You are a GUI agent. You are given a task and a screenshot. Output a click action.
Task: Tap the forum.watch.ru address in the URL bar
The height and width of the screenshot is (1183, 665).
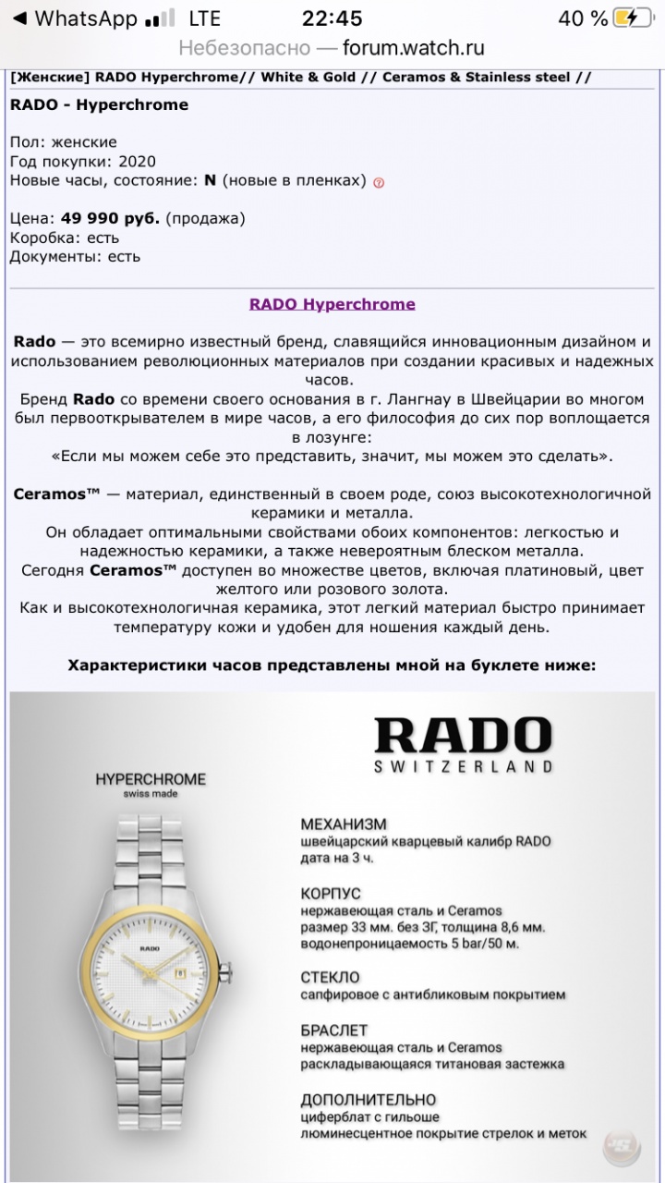(x=413, y=48)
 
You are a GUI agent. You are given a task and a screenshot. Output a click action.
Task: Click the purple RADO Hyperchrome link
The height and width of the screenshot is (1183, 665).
(x=332, y=304)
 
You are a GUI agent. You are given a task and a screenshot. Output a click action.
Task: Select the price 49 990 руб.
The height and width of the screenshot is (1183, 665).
(x=110, y=218)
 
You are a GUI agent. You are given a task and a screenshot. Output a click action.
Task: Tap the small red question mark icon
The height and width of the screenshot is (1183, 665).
(x=379, y=182)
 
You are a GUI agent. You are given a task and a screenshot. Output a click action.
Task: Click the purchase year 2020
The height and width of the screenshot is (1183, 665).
(x=137, y=161)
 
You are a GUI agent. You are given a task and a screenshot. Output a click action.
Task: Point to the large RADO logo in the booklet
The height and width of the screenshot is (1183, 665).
(x=463, y=735)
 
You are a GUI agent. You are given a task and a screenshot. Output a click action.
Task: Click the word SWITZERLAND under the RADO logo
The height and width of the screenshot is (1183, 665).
(x=464, y=766)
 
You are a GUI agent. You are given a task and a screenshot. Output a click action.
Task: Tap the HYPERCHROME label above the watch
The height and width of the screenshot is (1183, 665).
(x=151, y=779)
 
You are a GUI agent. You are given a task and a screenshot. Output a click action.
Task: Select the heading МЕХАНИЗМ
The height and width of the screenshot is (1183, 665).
(x=344, y=823)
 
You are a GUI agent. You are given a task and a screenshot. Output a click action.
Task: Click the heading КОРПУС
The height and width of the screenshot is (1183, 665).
(x=331, y=894)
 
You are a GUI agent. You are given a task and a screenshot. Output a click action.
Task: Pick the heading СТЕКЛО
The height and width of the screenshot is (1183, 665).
(x=330, y=977)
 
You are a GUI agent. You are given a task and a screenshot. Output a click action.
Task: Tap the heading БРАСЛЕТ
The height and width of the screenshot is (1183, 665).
(x=334, y=1030)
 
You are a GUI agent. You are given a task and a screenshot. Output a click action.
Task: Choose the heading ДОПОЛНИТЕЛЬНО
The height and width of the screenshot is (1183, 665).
(x=369, y=1100)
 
